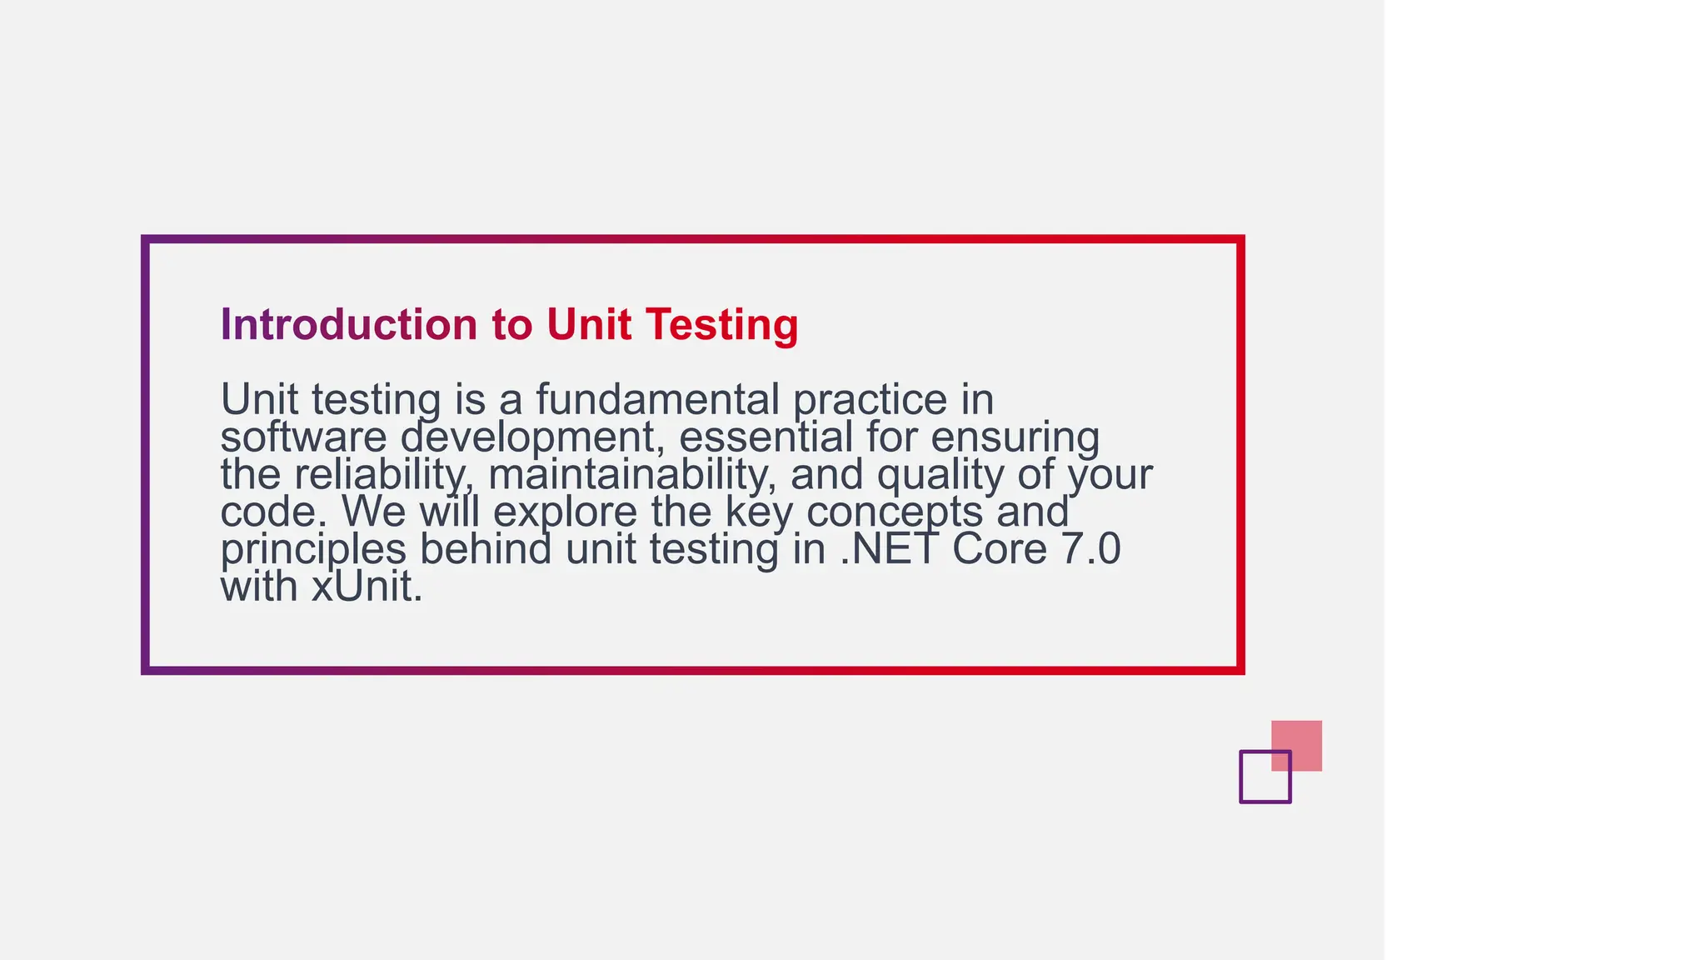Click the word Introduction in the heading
[x=348, y=324]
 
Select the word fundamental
[x=657, y=399]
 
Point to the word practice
[x=870, y=401]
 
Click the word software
[x=303, y=437]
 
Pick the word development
[x=532, y=438]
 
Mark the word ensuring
[x=1015, y=438]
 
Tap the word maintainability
[x=631, y=475]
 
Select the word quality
[x=940, y=476]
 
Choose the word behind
[x=485, y=549]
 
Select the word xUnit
[x=367, y=587]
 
